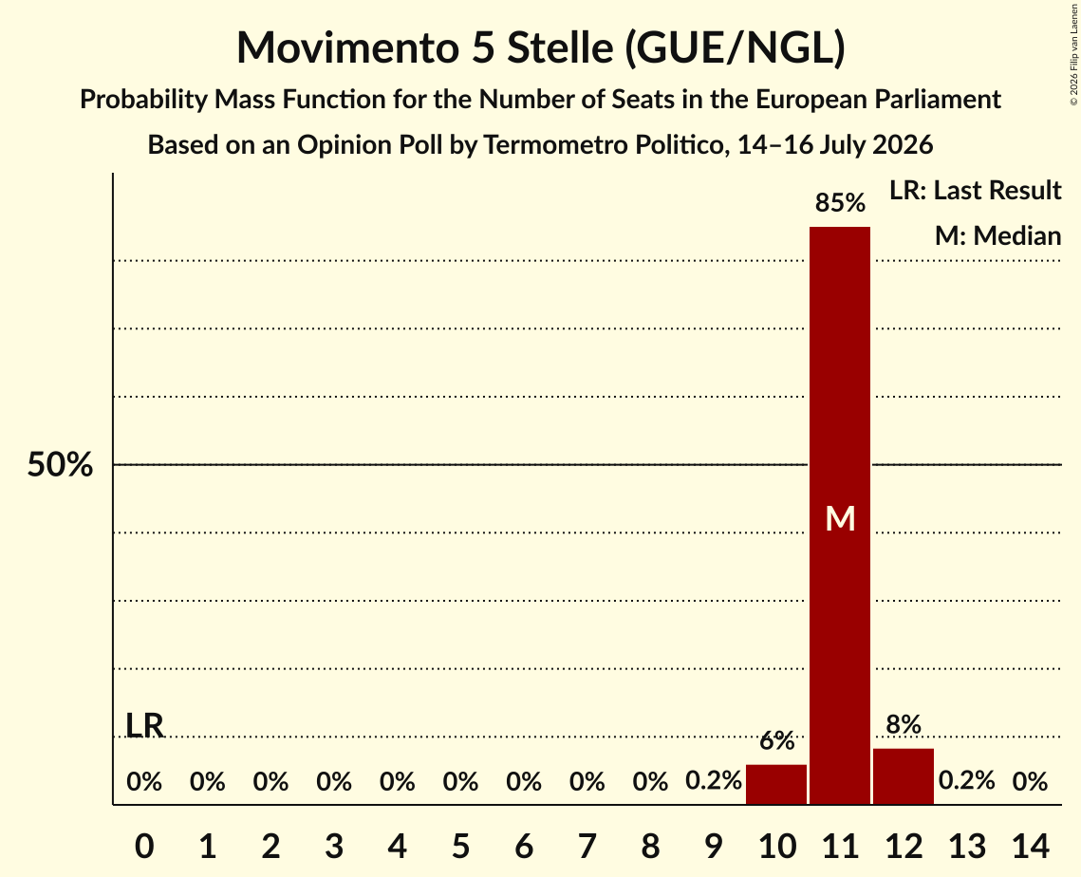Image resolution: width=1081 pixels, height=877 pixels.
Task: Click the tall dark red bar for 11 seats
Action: click(840, 515)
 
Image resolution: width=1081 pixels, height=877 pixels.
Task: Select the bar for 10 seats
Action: click(776, 784)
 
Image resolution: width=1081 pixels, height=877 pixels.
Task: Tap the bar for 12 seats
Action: click(904, 776)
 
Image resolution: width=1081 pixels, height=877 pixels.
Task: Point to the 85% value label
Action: click(840, 203)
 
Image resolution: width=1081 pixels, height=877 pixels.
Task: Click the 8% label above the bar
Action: click(904, 724)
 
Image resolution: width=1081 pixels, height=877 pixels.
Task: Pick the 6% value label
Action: click(777, 740)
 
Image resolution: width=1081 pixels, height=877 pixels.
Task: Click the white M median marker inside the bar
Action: click(840, 518)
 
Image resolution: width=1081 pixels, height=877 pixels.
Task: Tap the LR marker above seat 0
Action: click(145, 725)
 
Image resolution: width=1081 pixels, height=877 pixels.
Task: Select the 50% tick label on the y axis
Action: click(60, 465)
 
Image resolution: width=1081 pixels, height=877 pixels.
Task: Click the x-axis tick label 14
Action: click(1030, 846)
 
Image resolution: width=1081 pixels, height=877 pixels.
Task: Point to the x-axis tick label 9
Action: click(714, 846)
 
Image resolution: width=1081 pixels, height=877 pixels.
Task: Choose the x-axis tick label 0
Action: click(144, 846)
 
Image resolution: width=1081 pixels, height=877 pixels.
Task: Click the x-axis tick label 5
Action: click(460, 846)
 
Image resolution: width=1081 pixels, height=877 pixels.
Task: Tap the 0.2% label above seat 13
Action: click(966, 780)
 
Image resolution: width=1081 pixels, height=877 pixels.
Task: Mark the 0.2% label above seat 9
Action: click(714, 780)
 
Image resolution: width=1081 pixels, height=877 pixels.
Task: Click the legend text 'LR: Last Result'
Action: click(975, 190)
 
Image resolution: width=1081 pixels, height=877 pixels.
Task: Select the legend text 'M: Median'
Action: click(997, 235)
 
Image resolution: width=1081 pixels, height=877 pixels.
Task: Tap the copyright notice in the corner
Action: click(1074, 54)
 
